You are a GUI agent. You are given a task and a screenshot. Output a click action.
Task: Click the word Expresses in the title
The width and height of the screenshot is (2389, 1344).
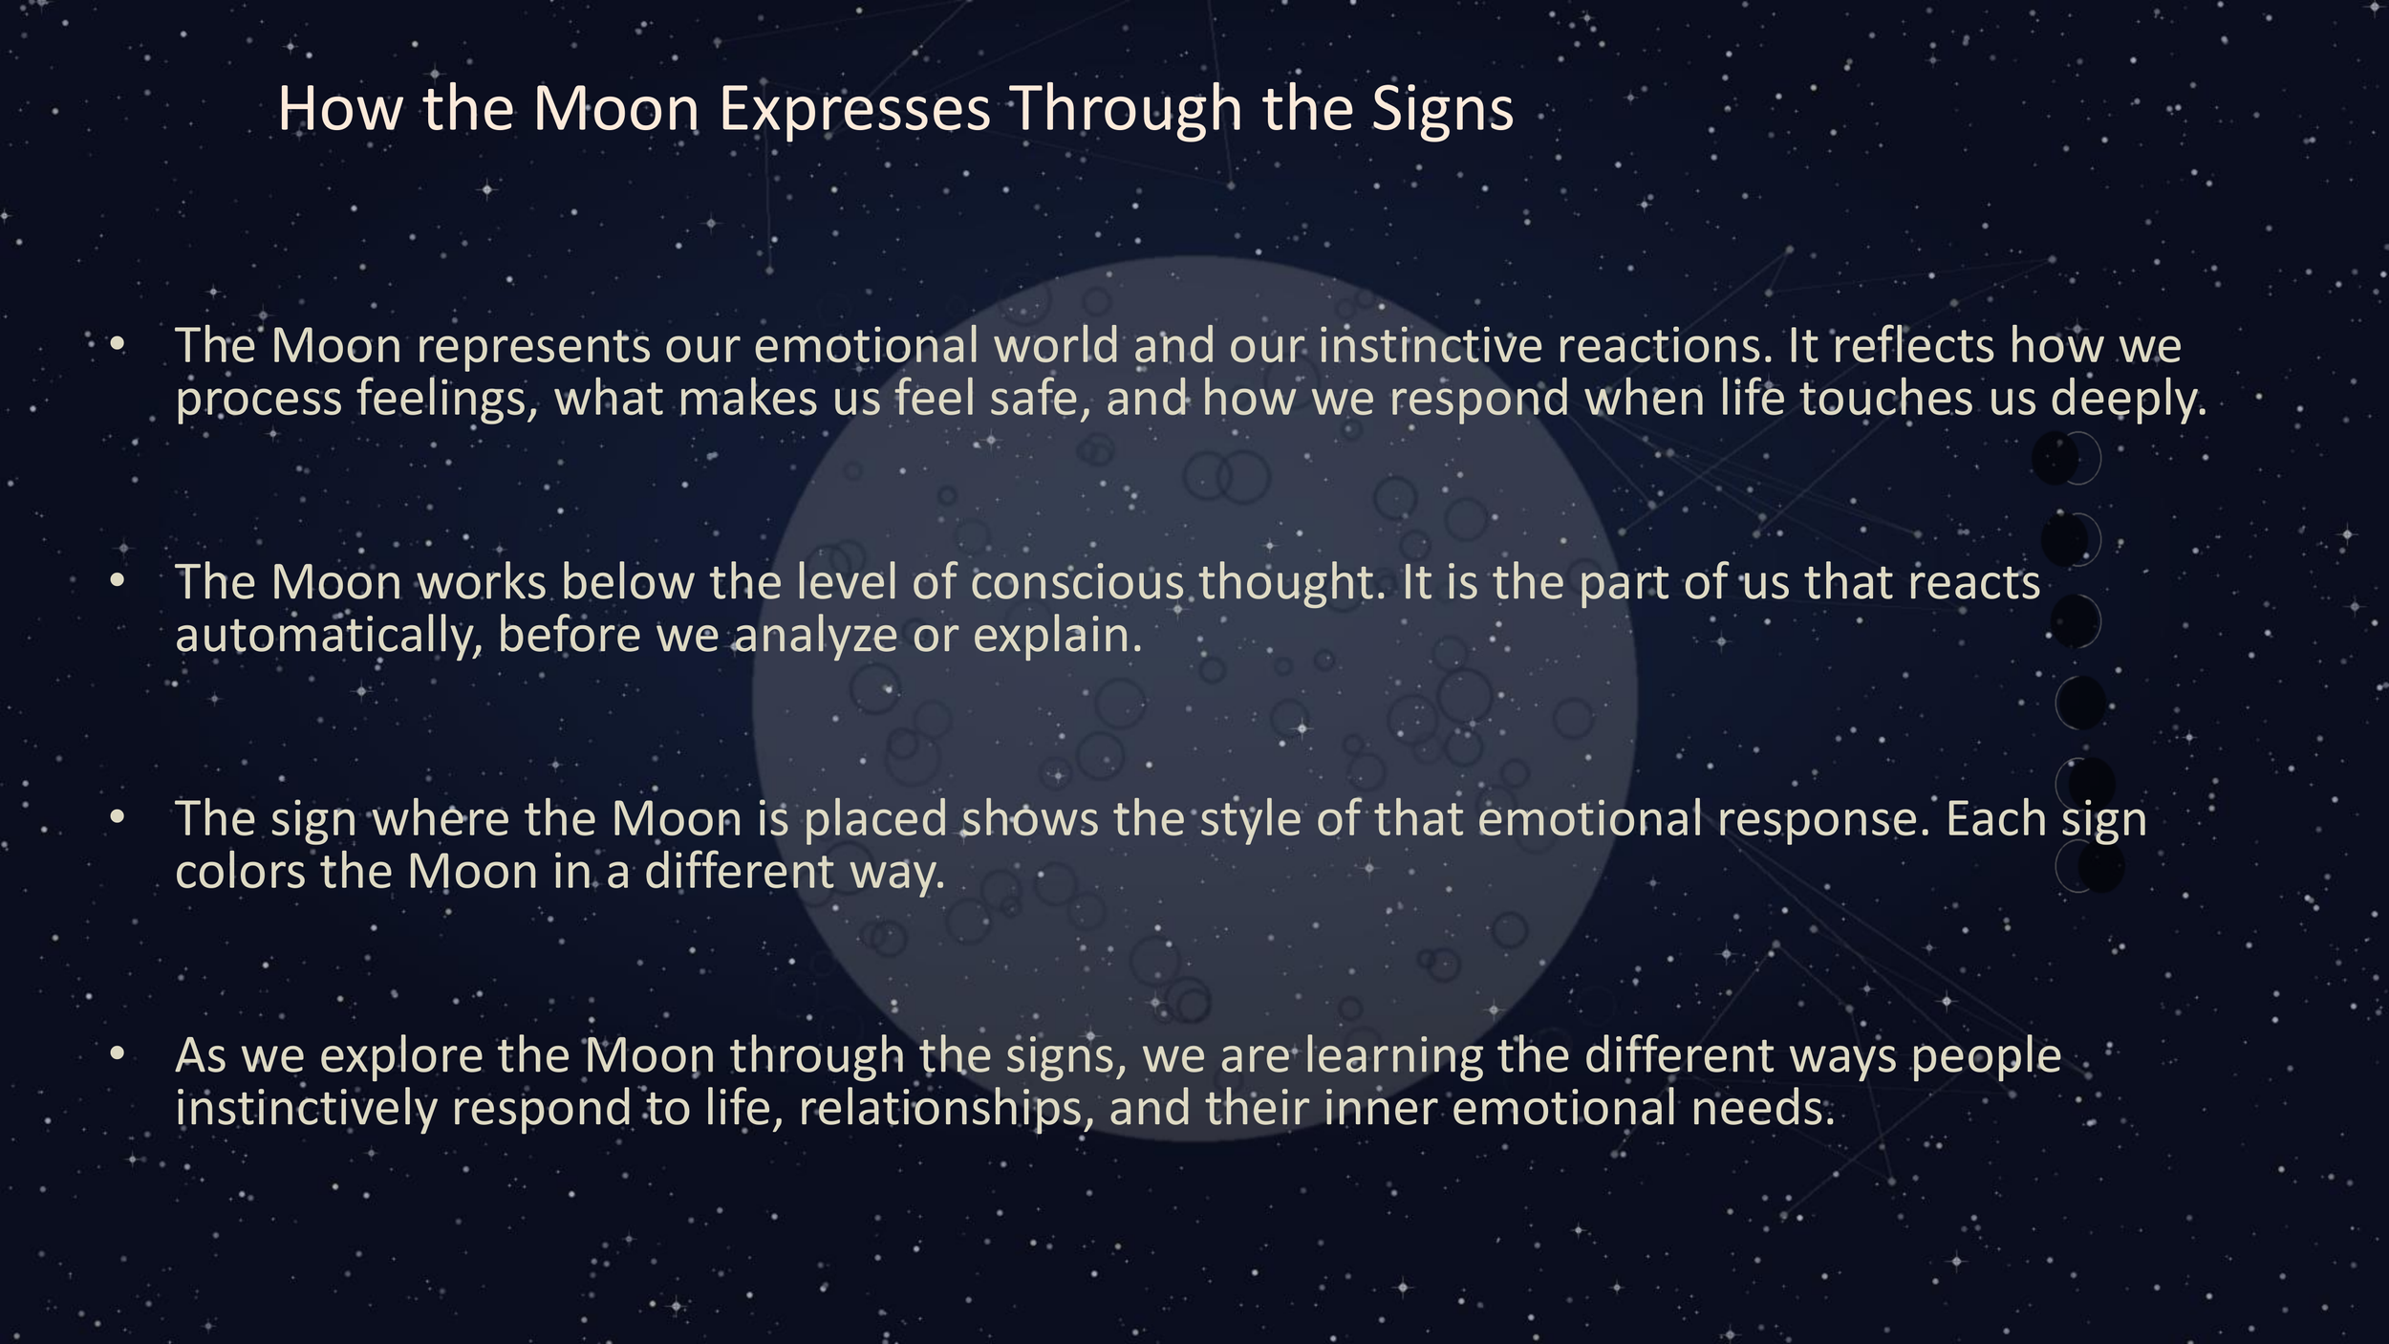click(854, 109)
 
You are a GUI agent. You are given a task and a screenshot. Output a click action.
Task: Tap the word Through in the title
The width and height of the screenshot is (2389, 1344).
click(1127, 109)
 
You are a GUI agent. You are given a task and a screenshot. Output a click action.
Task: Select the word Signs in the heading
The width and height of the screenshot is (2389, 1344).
click(1443, 109)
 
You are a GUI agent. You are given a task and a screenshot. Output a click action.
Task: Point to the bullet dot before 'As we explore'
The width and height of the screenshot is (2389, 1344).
click(118, 1053)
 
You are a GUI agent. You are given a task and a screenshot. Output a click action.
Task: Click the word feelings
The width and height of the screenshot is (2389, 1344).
click(447, 399)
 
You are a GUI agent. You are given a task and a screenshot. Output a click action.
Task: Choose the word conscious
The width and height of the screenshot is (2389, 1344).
click(1077, 582)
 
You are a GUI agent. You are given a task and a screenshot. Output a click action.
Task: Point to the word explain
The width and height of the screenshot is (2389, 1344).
click(1057, 636)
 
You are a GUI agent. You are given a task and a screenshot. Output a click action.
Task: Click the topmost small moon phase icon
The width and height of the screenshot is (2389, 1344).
click(2067, 458)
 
